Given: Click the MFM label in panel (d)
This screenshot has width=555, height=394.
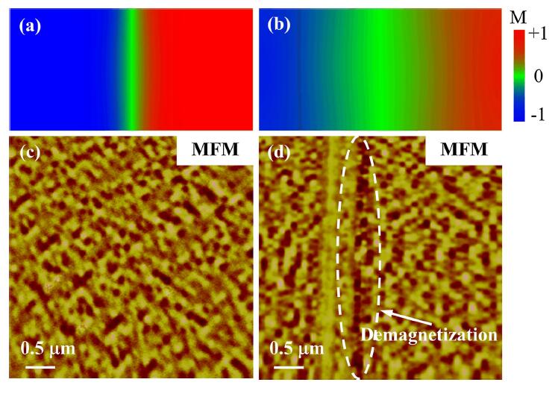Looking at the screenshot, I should point(462,151).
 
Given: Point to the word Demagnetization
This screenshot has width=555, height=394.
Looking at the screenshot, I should point(429,335).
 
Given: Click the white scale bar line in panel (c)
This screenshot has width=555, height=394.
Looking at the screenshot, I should point(44,366).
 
